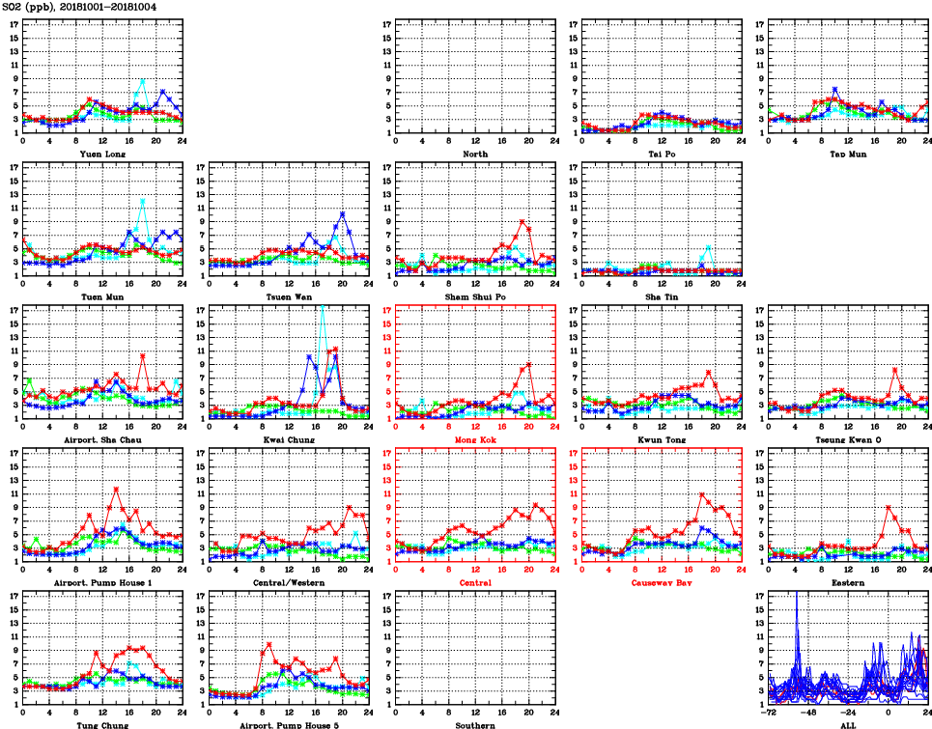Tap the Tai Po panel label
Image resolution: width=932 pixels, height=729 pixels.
(x=661, y=154)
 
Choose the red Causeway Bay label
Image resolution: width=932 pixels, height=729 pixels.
(x=661, y=583)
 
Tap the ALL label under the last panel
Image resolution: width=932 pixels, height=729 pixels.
(x=847, y=724)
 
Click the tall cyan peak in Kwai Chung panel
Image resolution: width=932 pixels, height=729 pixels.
(x=323, y=306)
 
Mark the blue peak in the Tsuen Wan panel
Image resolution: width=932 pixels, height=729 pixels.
(x=342, y=213)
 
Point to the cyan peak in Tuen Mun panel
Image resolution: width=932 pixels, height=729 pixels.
(x=143, y=201)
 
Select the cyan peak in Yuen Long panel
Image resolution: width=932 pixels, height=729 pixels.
(x=143, y=81)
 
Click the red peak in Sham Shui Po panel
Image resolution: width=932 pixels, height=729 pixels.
(x=522, y=222)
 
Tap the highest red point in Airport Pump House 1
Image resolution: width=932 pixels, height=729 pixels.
(x=116, y=489)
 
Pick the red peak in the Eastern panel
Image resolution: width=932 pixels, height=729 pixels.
(x=888, y=507)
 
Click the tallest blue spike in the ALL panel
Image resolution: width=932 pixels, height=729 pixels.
(x=797, y=594)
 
